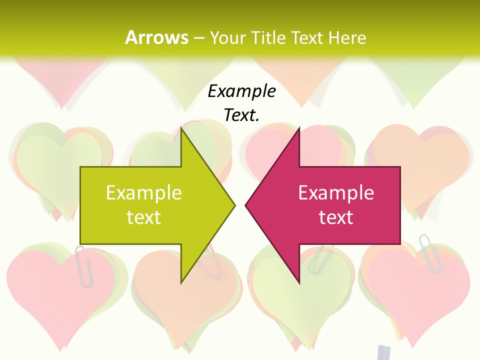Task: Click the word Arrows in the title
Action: [156, 37]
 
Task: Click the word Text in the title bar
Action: [307, 38]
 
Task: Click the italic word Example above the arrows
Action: [242, 91]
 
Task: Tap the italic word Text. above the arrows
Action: [242, 115]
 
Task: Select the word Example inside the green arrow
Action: [144, 193]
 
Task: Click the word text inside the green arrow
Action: [144, 217]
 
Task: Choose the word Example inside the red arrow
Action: [336, 193]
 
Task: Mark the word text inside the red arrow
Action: [336, 217]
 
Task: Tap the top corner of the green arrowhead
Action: [181, 128]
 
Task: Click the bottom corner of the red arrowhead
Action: [299, 282]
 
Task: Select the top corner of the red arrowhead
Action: [299, 128]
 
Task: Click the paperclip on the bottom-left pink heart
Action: [83, 266]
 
